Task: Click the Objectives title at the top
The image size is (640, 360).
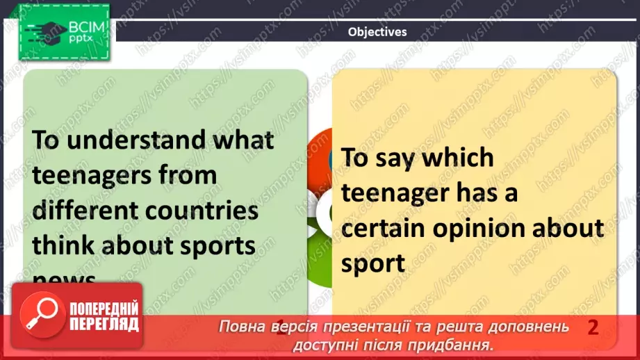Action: [x=377, y=31]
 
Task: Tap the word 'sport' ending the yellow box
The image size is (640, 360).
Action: [x=373, y=263]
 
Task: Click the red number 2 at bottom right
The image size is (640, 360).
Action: [x=593, y=327]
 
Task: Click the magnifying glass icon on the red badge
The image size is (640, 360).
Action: [x=40, y=315]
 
